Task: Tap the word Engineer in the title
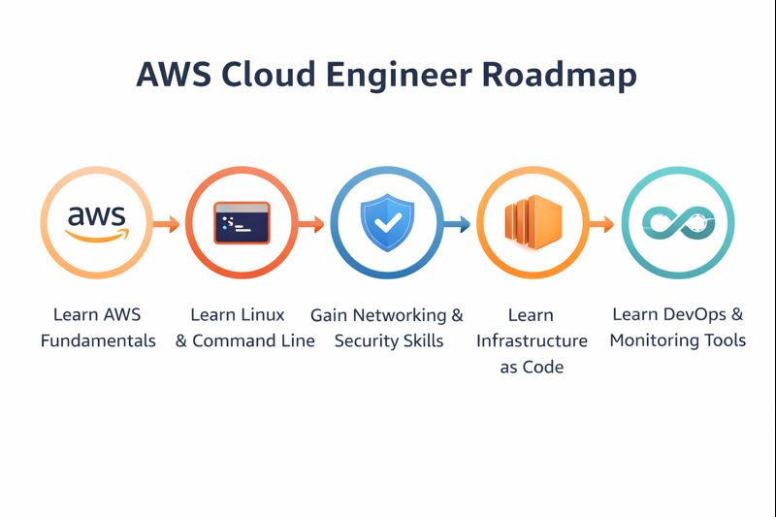pos(394,75)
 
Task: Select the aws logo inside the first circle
pos(96,222)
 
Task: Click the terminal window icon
pos(242,223)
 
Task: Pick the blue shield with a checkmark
pos(387,222)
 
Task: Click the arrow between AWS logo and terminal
pos(167,224)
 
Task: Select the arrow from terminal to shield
pos(311,224)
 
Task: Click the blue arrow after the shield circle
pos(457,224)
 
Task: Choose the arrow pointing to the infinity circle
pos(602,224)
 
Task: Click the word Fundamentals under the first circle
pos(98,340)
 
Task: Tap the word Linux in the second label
pos(264,314)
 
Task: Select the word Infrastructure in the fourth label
pos(532,340)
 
